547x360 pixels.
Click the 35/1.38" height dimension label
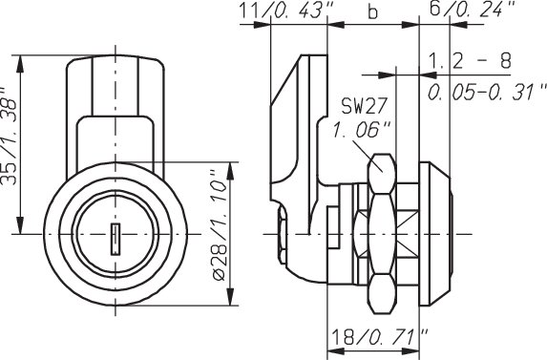pyautogui.click(x=9, y=137)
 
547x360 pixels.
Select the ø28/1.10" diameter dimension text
pyautogui.click(x=221, y=226)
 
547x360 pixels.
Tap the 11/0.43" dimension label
pyautogui.click(x=286, y=11)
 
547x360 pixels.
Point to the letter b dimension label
pyautogui.click(x=372, y=11)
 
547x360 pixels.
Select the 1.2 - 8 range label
pyautogui.click(x=470, y=61)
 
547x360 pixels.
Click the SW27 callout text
pyautogui.click(x=365, y=106)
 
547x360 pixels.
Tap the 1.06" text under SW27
pyautogui.click(x=361, y=130)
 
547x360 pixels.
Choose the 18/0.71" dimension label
pyautogui.click(x=380, y=337)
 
